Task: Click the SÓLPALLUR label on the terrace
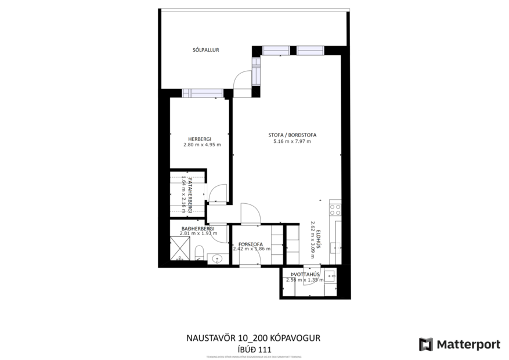click(205, 51)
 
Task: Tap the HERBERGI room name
click(200, 138)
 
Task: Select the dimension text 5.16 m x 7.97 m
click(294, 141)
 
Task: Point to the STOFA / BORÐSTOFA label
click(294, 134)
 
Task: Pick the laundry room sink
click(330, 275)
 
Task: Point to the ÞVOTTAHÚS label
click(305, 275)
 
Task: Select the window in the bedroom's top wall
click(203, 93)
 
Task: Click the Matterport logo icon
click(425, 344)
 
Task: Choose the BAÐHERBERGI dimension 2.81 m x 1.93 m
click(198, 233)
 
